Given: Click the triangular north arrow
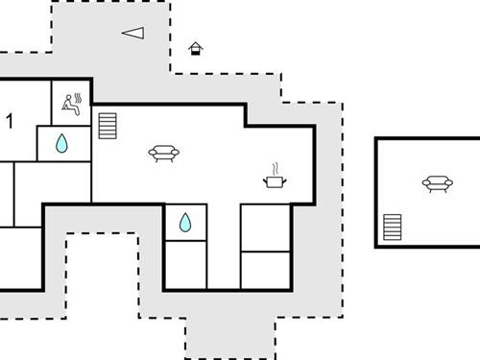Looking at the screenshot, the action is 133,33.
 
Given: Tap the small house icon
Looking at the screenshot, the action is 196,48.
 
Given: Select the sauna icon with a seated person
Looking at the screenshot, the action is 72,103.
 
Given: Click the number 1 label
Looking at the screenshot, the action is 11,120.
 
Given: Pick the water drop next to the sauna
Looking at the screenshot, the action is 62,144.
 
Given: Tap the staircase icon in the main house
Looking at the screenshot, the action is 107,125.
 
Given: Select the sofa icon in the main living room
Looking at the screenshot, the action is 164,152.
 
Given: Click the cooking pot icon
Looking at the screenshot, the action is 276,180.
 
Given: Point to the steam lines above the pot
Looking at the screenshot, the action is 275,167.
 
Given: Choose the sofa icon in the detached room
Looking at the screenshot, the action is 436,182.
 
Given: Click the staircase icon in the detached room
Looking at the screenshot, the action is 393,228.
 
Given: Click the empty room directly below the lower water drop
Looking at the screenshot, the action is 185,265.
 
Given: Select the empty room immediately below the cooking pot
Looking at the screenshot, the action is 265,227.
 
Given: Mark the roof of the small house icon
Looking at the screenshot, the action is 196,44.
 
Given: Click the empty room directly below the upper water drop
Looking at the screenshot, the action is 53,182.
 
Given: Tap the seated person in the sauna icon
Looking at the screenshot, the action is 68,104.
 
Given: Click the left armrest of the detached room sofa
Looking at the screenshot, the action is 425,182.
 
